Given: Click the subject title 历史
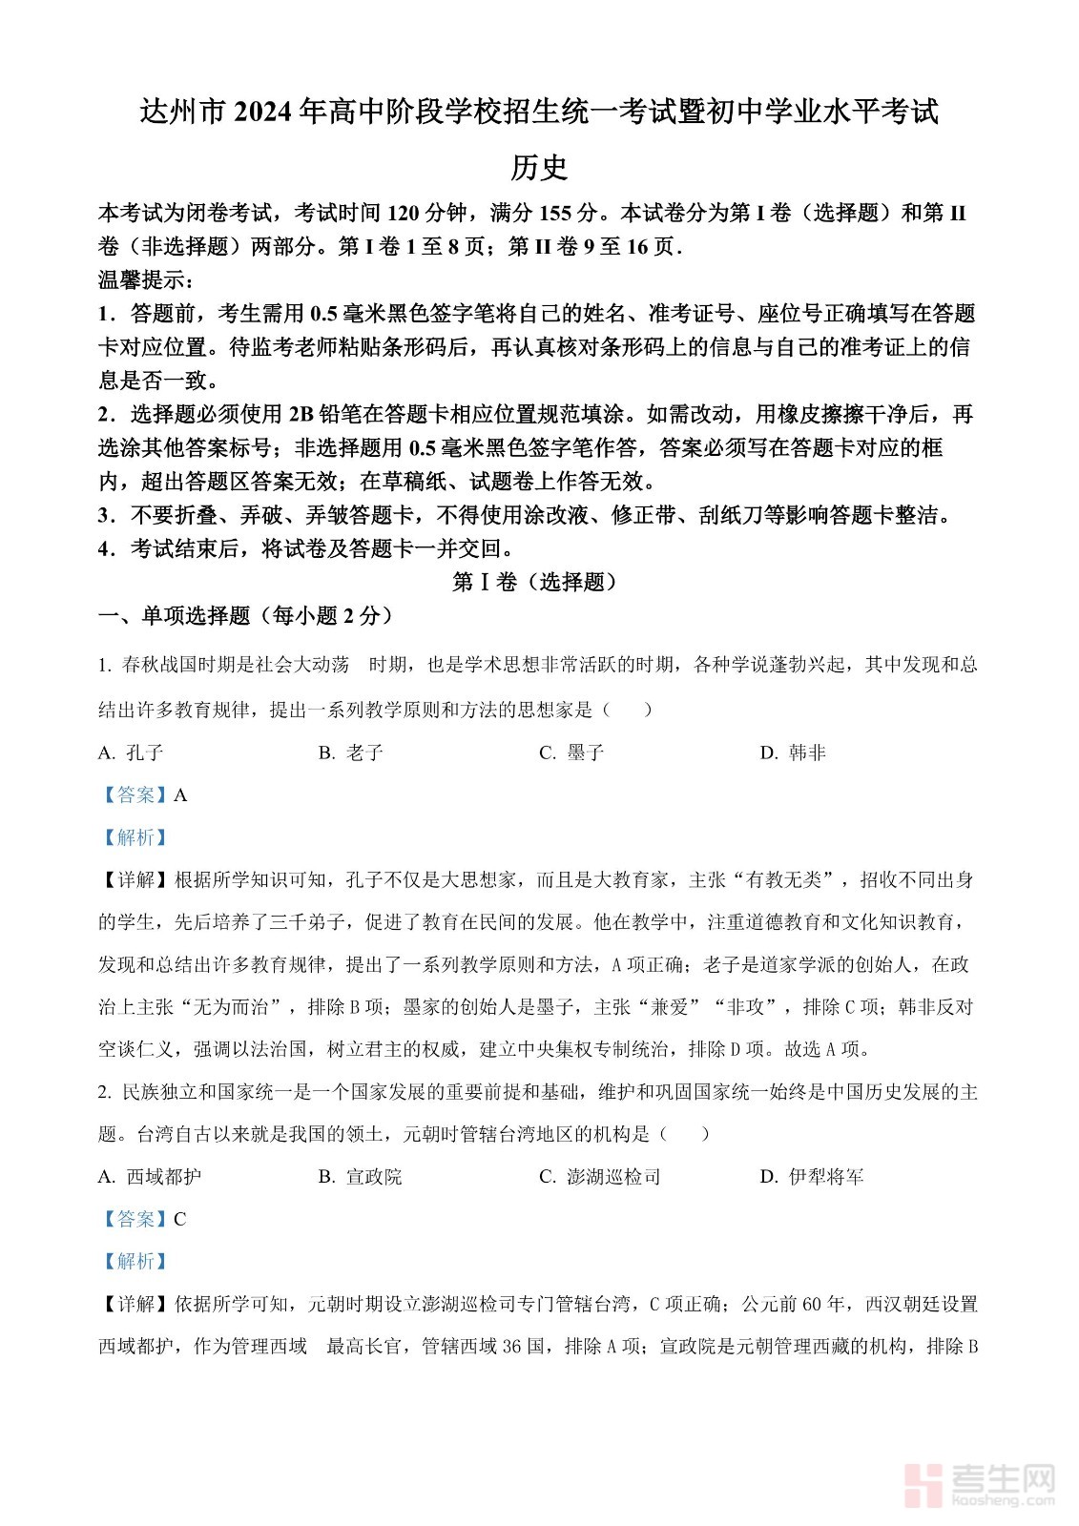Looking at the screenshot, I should pos(539,168).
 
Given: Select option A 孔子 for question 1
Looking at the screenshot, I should pos(132,753).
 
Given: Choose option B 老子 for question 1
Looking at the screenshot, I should pos(351,753).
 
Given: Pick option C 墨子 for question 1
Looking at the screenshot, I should pos(572,753).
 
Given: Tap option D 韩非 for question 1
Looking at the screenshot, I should pos(794,753).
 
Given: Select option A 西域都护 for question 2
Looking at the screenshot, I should pos(150,1177).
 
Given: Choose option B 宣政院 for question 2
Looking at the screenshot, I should pos(361,1177).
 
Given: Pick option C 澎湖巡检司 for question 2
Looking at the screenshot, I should pos(600,1177).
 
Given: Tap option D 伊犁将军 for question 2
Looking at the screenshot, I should pos(813,1177).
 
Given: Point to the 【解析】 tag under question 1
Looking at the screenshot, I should pos(135,837).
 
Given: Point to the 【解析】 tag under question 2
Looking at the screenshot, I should pos(135,1261).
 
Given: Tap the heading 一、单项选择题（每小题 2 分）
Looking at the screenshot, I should pos(246,615).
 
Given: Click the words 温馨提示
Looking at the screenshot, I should pos(145,280).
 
